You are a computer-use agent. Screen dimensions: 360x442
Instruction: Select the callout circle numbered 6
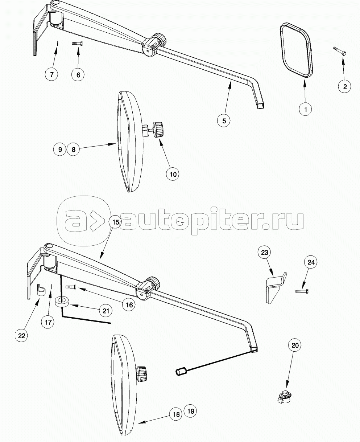(x=78, y=75)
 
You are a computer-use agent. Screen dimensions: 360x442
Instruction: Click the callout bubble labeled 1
(x=305, y=109)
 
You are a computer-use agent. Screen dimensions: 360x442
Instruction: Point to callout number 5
(x=224, y=120)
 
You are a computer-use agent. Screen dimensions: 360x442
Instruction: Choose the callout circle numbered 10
(x=173, y=174)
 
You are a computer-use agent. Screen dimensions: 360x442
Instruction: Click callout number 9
(x=60, y=150)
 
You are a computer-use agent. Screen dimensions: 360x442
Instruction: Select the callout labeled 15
(x=116, y=222)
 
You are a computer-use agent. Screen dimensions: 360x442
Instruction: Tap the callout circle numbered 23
(x=265, y=252)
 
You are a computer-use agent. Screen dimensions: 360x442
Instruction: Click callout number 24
(x=311, y=262)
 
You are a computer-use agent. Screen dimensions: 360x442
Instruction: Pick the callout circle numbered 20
(x=295, y=345)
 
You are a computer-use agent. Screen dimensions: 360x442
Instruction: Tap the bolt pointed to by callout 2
(x=340, y=51)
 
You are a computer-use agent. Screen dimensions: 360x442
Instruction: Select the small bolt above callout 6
(x=77, y=44)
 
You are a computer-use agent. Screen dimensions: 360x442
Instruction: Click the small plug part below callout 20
(x=284, y=397)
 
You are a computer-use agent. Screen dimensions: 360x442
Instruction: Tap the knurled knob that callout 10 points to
(x=158, y=130)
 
